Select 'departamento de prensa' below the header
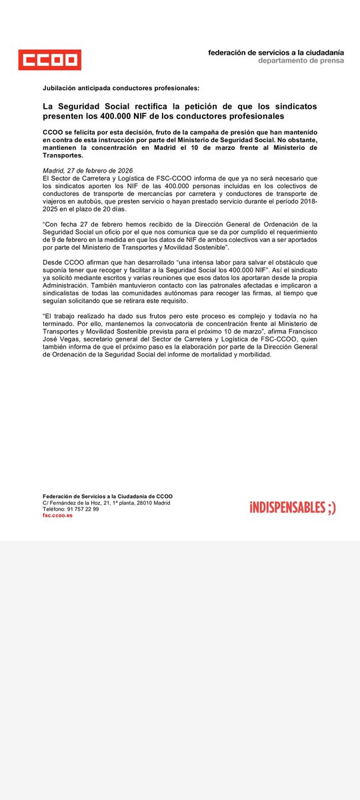[x=301, y=61]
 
